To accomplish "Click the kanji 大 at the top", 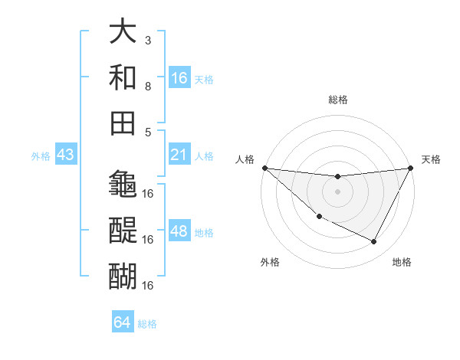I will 123,34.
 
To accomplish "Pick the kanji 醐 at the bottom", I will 123,274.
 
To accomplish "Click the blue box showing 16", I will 179,77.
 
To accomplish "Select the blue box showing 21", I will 179,155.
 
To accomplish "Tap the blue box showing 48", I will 179,231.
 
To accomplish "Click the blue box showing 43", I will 66,155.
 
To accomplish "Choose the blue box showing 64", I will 123,322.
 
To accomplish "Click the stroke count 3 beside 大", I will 148,40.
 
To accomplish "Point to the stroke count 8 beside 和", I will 148,86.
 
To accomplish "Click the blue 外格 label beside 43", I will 41,156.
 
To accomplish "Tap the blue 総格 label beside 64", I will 147,324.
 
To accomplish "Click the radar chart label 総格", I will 337,100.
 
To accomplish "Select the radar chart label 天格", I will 431,159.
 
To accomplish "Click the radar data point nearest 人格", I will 264,168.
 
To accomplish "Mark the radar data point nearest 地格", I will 374,242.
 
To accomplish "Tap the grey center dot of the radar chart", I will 337,191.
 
